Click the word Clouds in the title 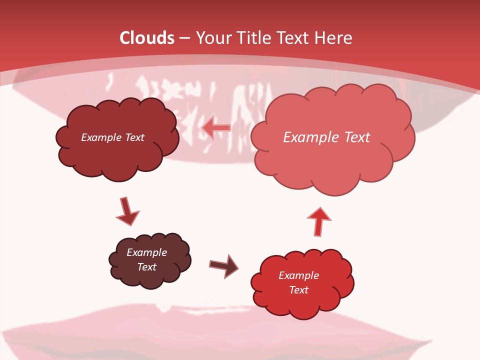tap(147, 38)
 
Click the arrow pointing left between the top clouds tap(216, 128)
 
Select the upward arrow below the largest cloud tap(319, 221)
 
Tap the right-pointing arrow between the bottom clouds tap(224, 267)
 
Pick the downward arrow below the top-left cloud tap(127, 211)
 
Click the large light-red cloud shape tap(332, 160)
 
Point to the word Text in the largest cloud tap(357, 137)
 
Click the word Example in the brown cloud tap(146, 252)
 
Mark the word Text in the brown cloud tap(146, 267)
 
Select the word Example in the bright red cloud tap(298, 275)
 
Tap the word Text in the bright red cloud tap(298, 290)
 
